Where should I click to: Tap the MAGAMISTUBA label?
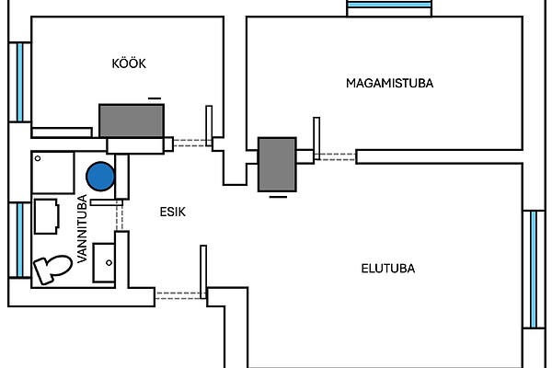(x=389, y=83)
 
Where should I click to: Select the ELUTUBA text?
(x=387, y=270)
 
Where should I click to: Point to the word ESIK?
(x=172, y=212)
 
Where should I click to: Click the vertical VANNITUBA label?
(x=82, y=229)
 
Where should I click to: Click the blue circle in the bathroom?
(x=100, y=176)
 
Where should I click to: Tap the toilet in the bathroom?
(x=52, y=269)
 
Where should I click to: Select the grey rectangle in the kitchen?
(x=132, y=121)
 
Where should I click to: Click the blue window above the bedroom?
(x=390, y=6)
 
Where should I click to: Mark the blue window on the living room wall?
(x=533, y=269)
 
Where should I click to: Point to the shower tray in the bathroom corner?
(x=52, y=173)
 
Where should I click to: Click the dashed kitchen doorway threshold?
(x=190, y=143)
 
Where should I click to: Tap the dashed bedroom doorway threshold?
(x=335, y=157)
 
